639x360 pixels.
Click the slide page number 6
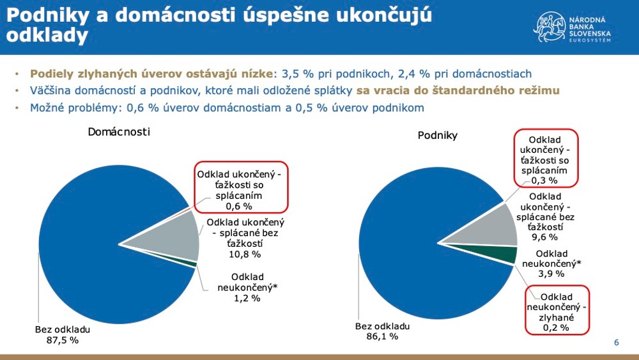click(616, 343)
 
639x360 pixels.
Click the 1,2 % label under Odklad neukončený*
click(246, 298)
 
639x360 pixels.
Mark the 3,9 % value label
click(551, 274)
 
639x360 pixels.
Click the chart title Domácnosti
click(119, 131)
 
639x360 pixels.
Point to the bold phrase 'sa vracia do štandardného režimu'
click(458, 91)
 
